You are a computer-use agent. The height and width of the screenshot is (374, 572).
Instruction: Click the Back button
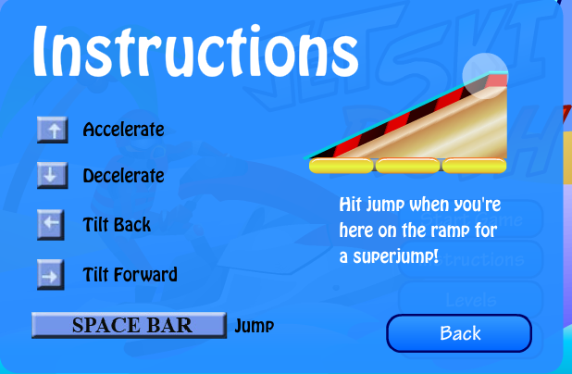(x=459, y=333)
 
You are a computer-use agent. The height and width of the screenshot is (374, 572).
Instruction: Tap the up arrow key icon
(x=53, y=130)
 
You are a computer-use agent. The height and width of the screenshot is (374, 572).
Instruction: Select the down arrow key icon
(x=53, y=176)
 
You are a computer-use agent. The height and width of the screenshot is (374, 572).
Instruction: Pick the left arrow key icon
(x=51, y=224)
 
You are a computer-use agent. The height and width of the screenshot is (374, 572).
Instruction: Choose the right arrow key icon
(x=51, y=274)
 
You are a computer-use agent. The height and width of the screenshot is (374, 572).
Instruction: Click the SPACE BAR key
(x=130, y=325)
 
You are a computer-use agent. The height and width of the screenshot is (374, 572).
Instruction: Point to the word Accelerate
(x=124, y=130)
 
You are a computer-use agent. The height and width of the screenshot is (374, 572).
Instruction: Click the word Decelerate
(x=124, y=176)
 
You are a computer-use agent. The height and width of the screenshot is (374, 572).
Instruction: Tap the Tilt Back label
(x=117, y=224)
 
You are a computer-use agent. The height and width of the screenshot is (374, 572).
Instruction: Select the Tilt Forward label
(x=131, y=274)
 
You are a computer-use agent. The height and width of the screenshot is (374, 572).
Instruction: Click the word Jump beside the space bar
(x=255, y=326)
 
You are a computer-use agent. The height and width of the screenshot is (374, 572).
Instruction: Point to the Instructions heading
(x=195, y=51)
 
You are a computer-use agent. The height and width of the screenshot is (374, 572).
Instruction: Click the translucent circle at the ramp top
(x=485, y=76)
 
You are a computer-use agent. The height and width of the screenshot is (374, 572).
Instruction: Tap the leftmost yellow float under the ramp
(x=342, y=166)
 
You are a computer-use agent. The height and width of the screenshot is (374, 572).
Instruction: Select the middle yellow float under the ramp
(x=408, y=166)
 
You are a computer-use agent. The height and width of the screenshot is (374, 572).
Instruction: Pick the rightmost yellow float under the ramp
(x=474, y=166)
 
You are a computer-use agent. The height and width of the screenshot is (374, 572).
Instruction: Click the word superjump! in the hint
(x=396, y=257)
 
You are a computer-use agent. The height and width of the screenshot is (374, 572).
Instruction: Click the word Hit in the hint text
(x=350, y=205)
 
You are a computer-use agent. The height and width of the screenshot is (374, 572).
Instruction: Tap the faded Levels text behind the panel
(x=471, y=301)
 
